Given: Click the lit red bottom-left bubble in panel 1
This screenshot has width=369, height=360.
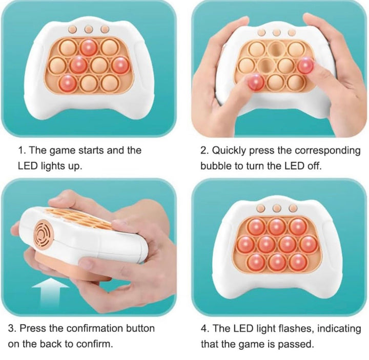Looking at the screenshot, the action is (68, 83).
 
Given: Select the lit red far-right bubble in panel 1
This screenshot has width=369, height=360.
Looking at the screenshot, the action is (120, 66).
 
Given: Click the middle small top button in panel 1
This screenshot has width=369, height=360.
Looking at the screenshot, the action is (89, 29).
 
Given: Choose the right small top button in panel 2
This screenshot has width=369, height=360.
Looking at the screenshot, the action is (292, 33).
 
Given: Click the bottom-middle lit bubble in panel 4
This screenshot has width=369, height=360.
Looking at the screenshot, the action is (277, 262).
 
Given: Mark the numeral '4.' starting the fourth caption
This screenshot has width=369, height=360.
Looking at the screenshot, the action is (204, 328).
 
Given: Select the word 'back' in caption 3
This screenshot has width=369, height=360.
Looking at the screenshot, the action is (51, 344).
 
